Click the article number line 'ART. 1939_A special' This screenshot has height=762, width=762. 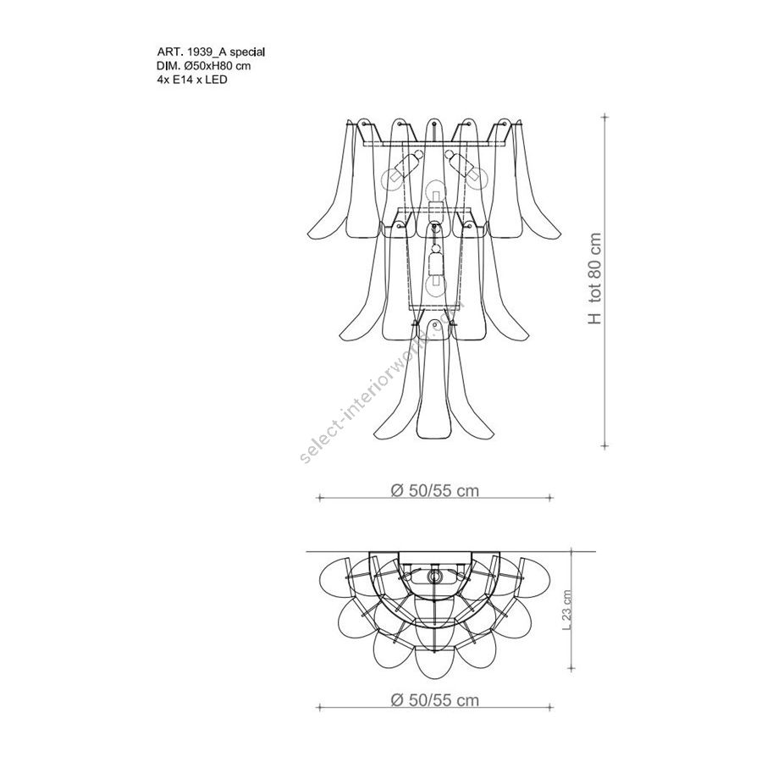point(211,52)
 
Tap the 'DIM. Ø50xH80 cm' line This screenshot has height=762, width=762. point(204,65)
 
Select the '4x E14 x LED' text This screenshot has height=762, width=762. point(192,80)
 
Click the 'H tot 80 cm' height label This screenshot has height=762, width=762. point(595,279)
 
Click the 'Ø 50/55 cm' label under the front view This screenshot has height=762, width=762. point(434,490)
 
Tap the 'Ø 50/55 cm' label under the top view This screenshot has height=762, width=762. point(434,700)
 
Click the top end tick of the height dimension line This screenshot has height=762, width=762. point(605,117)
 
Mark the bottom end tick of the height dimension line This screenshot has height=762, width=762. point(605,444)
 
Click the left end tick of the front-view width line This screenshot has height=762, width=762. point(319,498)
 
